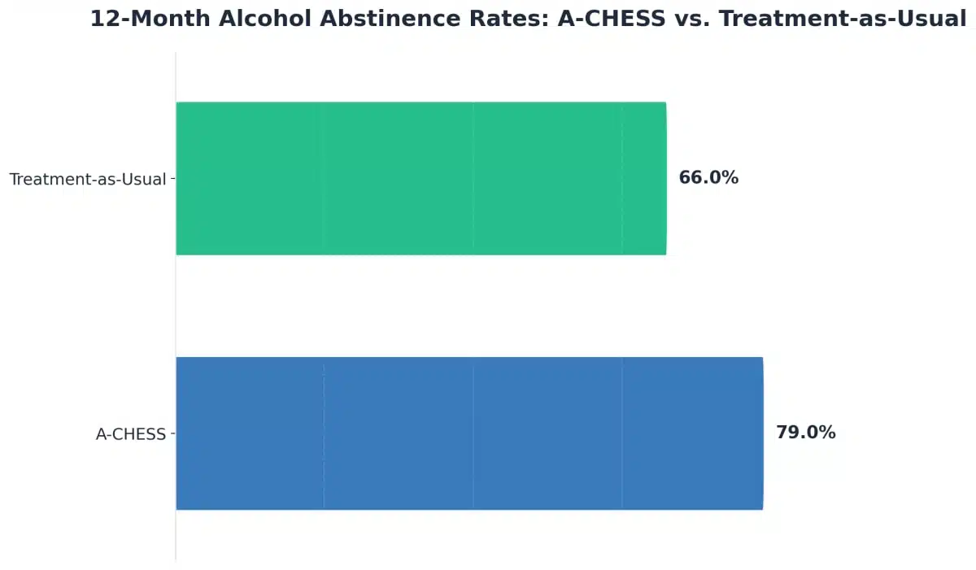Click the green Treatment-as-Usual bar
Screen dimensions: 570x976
pyautogui.click(x=420, y=178)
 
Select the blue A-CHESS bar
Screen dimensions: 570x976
pyautogui.click(x=469, y=433)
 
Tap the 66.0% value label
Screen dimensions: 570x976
pyautogui.click(x=708, y=178)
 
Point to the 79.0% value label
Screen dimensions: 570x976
pyautogui.click(x=805, y=433)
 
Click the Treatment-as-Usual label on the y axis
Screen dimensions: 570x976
pyautogui.click(x=88, y=179)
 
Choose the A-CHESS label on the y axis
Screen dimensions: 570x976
pyautogui.click(x=131, y=434)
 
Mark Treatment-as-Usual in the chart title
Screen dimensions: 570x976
pyautogui.click(x=842, y=20)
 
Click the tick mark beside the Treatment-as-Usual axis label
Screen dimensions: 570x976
pyautogui.click(x=172, y=179)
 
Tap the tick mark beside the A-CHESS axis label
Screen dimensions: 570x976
pyautogui.click(x=172, y=434)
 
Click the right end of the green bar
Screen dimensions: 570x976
pyautogui.click(x=664, y=178)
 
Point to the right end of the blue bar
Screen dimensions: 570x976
pyautogui.click(x=761, y=433)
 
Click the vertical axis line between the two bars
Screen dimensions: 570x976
pyautogui.click(x=176, y=306)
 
